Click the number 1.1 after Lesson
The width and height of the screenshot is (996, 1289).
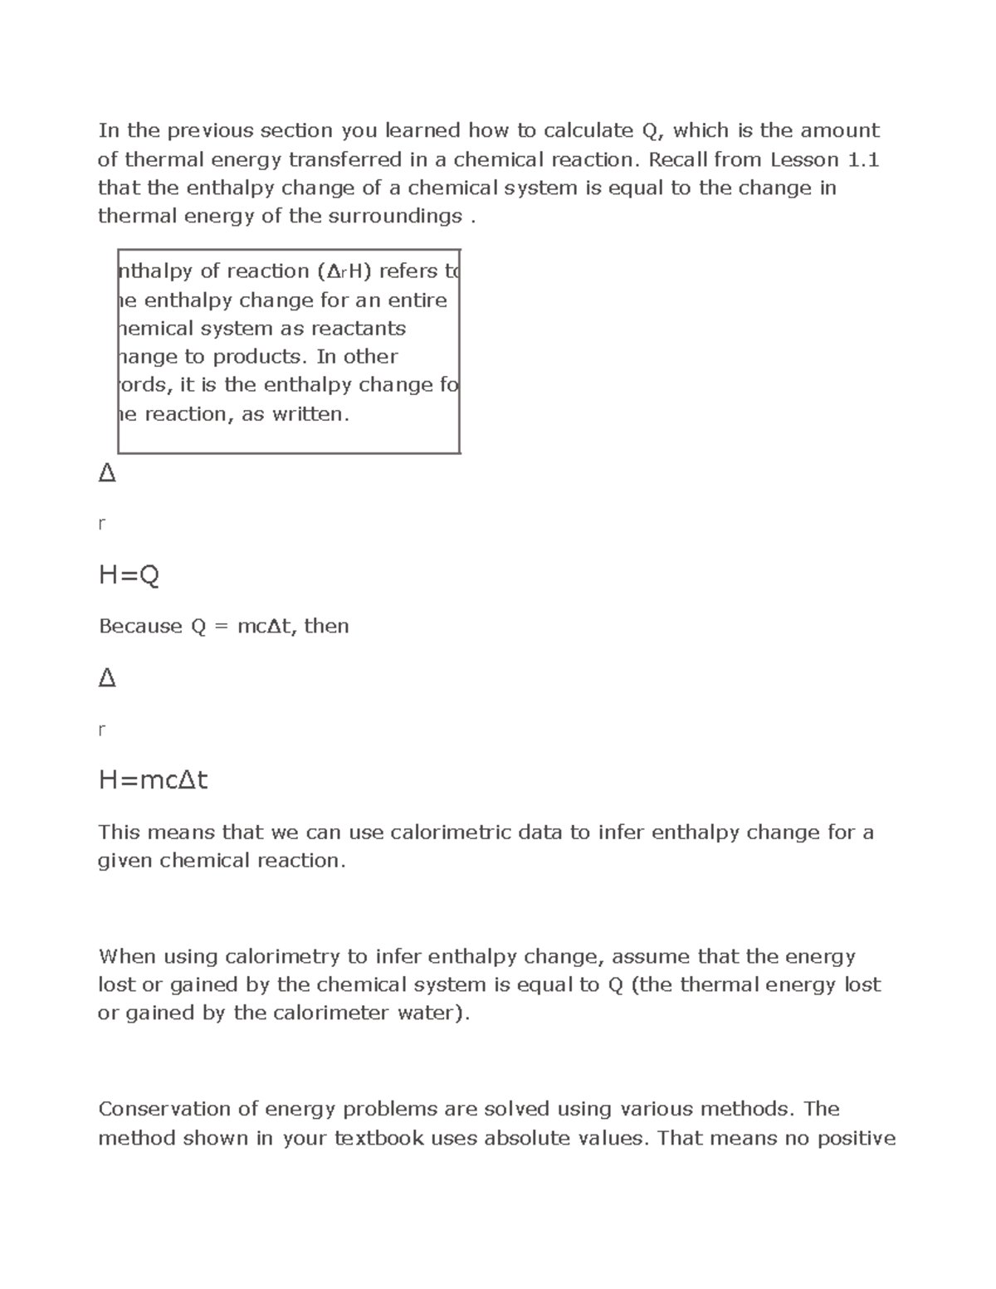click(863, 159)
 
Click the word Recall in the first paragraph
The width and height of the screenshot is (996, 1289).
click(680, 159)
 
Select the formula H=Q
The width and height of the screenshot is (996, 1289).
click(129, 575)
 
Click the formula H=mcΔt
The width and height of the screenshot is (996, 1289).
click(153, 780)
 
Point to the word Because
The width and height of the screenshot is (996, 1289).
click(140, 627)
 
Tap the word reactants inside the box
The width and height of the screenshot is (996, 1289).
click(359, 329)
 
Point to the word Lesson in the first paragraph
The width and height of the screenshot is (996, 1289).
click(804, 159)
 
